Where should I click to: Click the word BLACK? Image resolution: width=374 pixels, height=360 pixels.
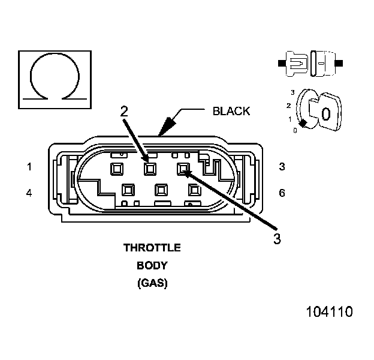[x=231, y=111]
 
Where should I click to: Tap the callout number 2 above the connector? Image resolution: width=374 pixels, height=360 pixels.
[x=124, y=111]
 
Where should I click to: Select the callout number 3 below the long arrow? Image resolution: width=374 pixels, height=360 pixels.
[x=277, y=238]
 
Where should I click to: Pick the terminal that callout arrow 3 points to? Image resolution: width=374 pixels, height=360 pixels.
[x=183, y=169]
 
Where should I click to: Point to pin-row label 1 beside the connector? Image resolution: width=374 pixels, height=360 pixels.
[x=29, y=167]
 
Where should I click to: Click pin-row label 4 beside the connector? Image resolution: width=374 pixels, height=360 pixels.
[x=29, y=193]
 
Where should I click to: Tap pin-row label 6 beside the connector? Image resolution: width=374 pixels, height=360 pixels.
[x=282, y=193]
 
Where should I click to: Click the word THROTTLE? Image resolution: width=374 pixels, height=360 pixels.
[x=152, y=247]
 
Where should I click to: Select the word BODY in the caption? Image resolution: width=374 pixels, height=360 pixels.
[x=152, y=265]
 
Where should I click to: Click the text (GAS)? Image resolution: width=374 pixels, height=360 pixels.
[x=152, y=282]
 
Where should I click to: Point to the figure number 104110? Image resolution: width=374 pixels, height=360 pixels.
[x=329, y=312]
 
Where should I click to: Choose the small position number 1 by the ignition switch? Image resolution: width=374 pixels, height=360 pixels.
[x=291, y=119]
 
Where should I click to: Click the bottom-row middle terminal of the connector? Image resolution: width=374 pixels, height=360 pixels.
[x=160, y=190]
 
